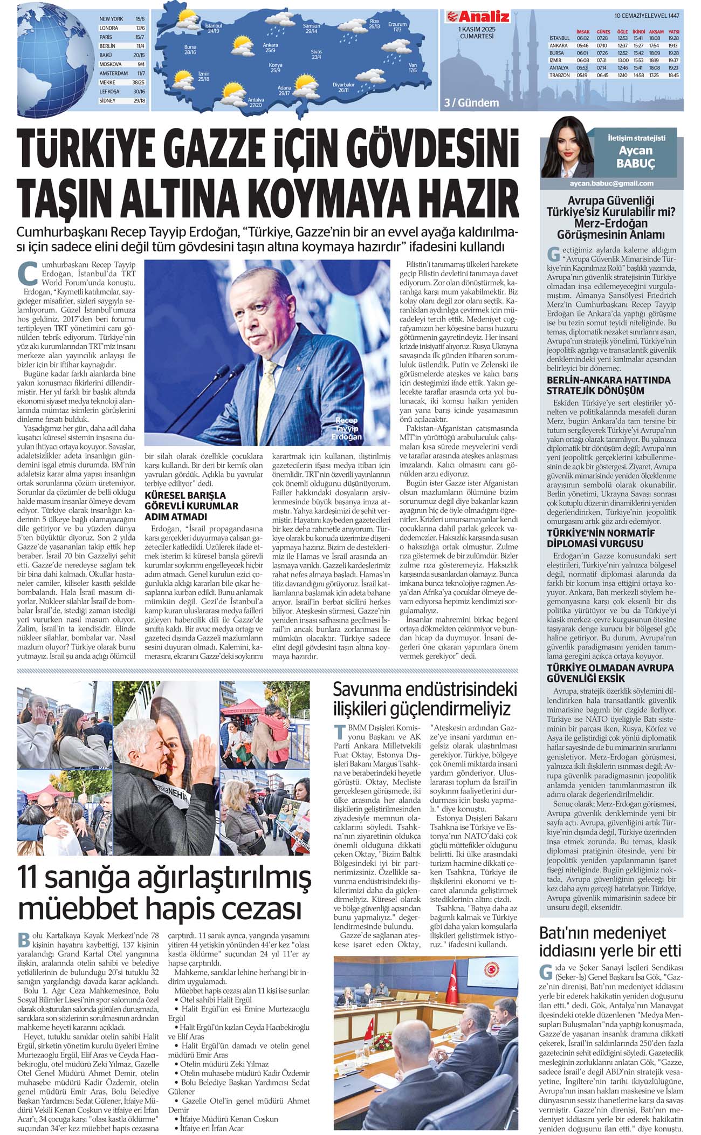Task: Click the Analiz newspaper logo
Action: click(x=474, y=16)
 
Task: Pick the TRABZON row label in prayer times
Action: click(x=559, y=76)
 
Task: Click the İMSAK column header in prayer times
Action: click(x=582, y=32)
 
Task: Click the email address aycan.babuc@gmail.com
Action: click(x=611, y=183)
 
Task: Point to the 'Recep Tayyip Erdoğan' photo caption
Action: click(x=347, y=428)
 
